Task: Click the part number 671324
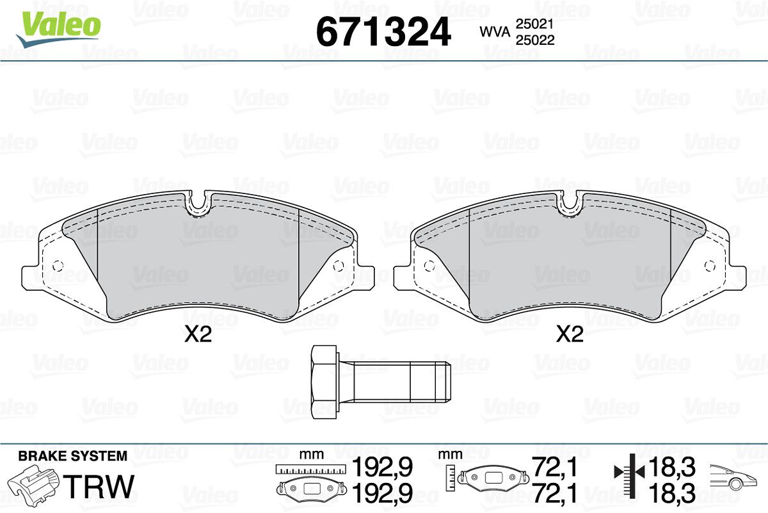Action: [x=383, y=31]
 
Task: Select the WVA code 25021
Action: [x=535, y=24]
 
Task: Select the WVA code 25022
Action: [x=535, y=40]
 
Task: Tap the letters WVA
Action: [x=495, y=32]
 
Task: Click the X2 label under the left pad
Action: [x=198, y=334]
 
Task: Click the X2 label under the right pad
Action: [x=570, y=334]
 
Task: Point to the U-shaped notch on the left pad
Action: [x=200, y=205]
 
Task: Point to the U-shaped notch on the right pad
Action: [x=571, y=205]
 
